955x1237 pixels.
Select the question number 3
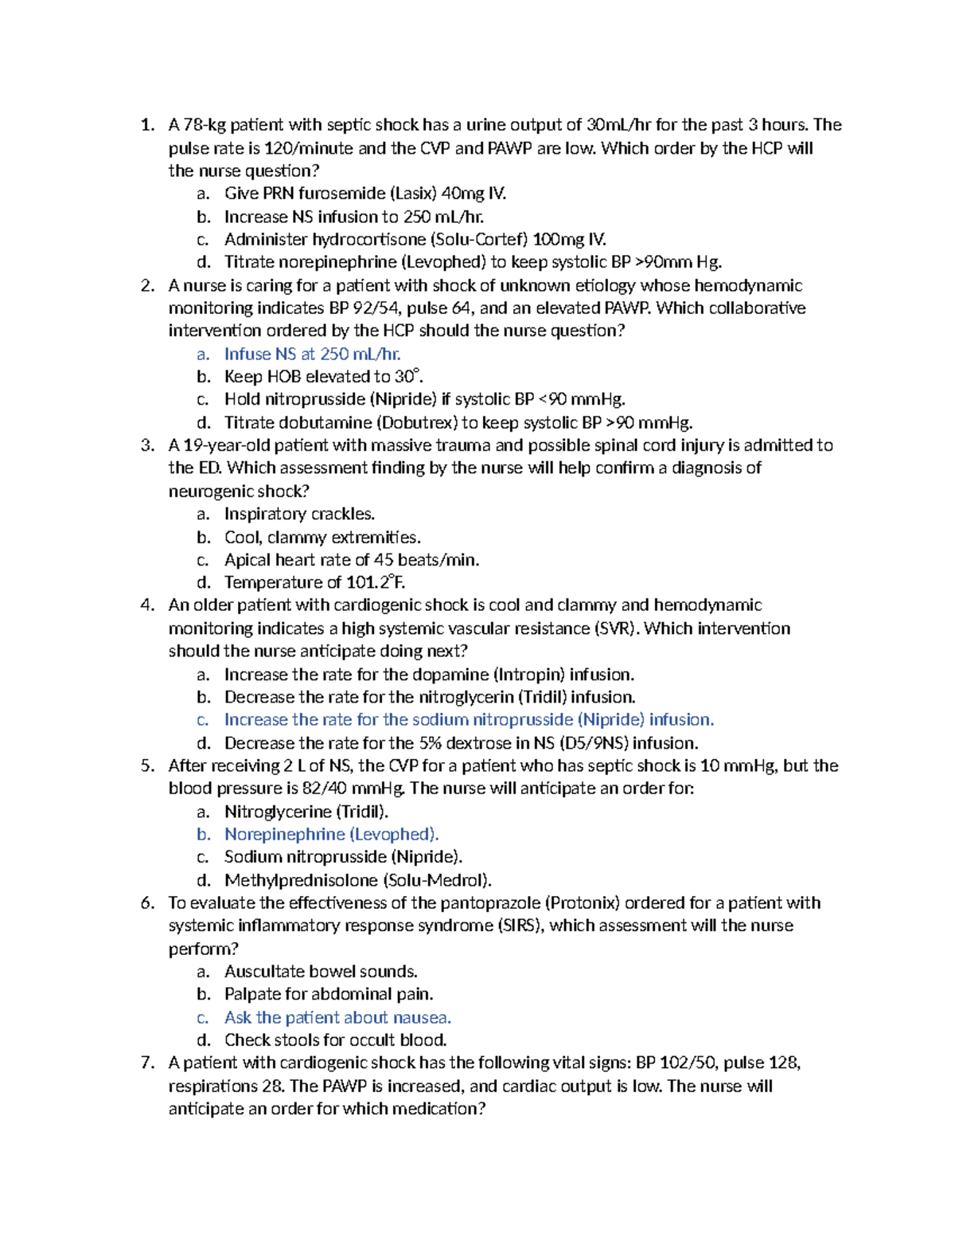click(x=146, y=445)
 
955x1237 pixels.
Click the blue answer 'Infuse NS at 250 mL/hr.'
click(x=312, y=354)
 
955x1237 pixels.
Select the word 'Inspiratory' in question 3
click(x=259, y=514)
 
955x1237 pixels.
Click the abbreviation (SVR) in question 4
click(x=616, y=628)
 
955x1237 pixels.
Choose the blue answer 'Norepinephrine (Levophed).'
click(x=331, y=834)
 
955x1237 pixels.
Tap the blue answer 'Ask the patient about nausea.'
click(x=337, y=1017)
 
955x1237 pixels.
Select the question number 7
click(x=146, y=1063)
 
